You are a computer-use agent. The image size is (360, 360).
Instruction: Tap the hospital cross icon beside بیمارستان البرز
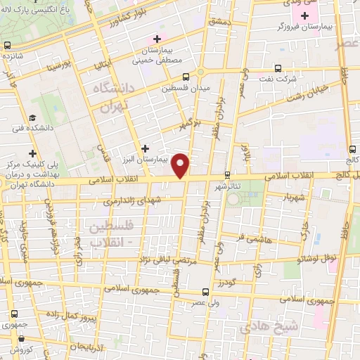tap(145, 148)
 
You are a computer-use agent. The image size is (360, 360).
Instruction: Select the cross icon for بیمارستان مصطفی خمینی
tap(157, 39)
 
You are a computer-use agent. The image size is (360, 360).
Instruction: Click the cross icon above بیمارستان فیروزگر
tap(304, 15)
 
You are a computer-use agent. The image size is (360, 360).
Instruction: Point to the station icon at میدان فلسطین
tap(186, 77)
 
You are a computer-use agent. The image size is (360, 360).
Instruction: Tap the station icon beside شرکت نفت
tap(278, 69)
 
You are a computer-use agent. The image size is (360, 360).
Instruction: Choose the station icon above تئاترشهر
tap(227, 174)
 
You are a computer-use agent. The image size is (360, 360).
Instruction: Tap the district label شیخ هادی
tap(269, 327)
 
